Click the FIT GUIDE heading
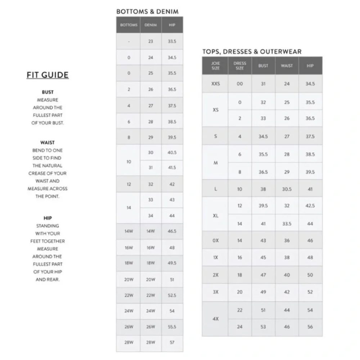tap(48, 75)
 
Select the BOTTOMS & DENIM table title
tap(147, 12)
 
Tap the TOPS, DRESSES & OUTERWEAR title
tap(252, 51)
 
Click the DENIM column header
tap(150, 25)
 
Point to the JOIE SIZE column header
tap(215, 66)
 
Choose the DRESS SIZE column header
tap(240, 66)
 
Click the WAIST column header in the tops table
tap(287, 66)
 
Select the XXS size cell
tap(215, 84)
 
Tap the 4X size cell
tap(215, 319)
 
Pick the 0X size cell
tap(215, 240)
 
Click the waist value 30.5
tap(287, 189)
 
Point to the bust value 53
tap(263, 327)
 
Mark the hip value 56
tap(310, 327)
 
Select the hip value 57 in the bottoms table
tap(172, 342)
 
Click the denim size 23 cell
tap(150, 41)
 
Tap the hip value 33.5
tap(172, 41)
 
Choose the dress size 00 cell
tap(240, 84)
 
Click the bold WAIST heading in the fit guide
tap(48, 143)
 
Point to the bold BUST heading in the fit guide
tap(48, 92)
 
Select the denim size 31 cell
tap(150, 168)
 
